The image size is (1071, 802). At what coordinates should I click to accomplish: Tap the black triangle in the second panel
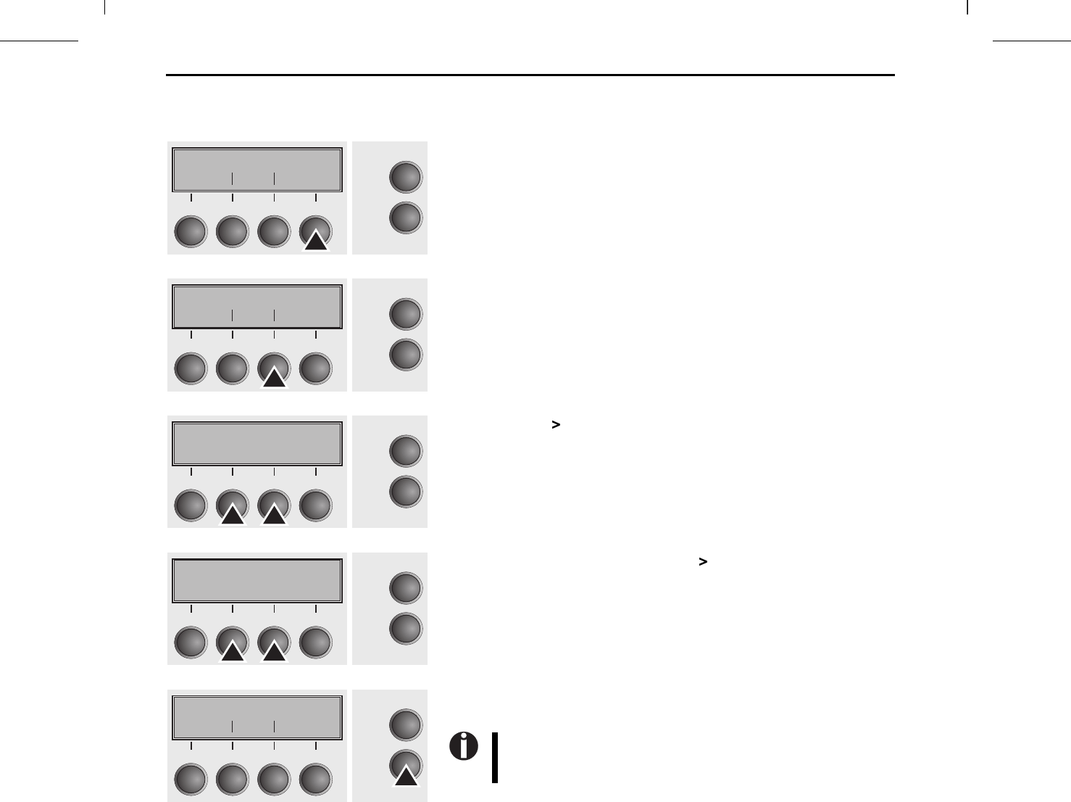(x=274, y=379)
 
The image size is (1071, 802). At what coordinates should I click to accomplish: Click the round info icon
(x=464, y=746)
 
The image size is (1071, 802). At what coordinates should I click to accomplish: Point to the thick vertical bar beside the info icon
(x=495, y=758)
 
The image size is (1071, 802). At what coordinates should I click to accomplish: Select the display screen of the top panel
(x=257, y=170)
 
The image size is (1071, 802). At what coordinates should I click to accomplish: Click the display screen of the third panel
(x=257, y=444)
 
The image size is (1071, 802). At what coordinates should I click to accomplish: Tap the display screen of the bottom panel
(x=257, y=718)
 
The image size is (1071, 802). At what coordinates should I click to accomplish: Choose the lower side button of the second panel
(x=406, y=355)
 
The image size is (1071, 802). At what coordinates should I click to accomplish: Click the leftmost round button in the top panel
(x=191, y=231)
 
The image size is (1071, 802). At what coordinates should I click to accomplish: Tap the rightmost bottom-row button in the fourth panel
(x=316, y=642)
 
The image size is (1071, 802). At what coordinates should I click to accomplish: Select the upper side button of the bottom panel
(x=406, y=724)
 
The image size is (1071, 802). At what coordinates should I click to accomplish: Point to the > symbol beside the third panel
(x=556, y=425)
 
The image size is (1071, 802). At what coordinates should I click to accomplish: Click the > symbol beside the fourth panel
(x=702, y=561)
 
